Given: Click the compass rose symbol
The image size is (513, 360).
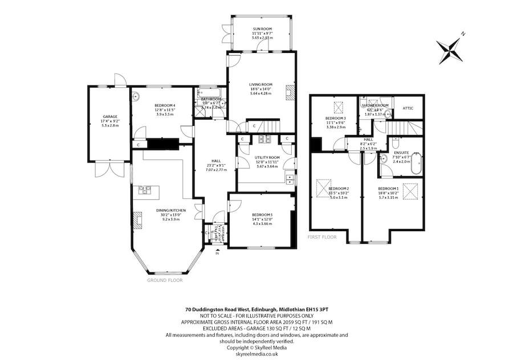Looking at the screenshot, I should pos(453,48).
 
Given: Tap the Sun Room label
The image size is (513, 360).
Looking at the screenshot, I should pos(263,29).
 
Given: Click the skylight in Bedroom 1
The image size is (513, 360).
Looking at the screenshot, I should pos(409,192).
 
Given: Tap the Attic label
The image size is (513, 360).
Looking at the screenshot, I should pos(408,108).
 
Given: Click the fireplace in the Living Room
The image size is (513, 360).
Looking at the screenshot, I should pos(291,93).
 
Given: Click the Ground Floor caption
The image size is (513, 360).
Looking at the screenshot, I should pos(164,281).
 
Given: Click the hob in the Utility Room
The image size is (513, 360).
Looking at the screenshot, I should pos(264,139).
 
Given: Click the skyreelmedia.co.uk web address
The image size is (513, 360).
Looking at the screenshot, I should pos(256,354).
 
